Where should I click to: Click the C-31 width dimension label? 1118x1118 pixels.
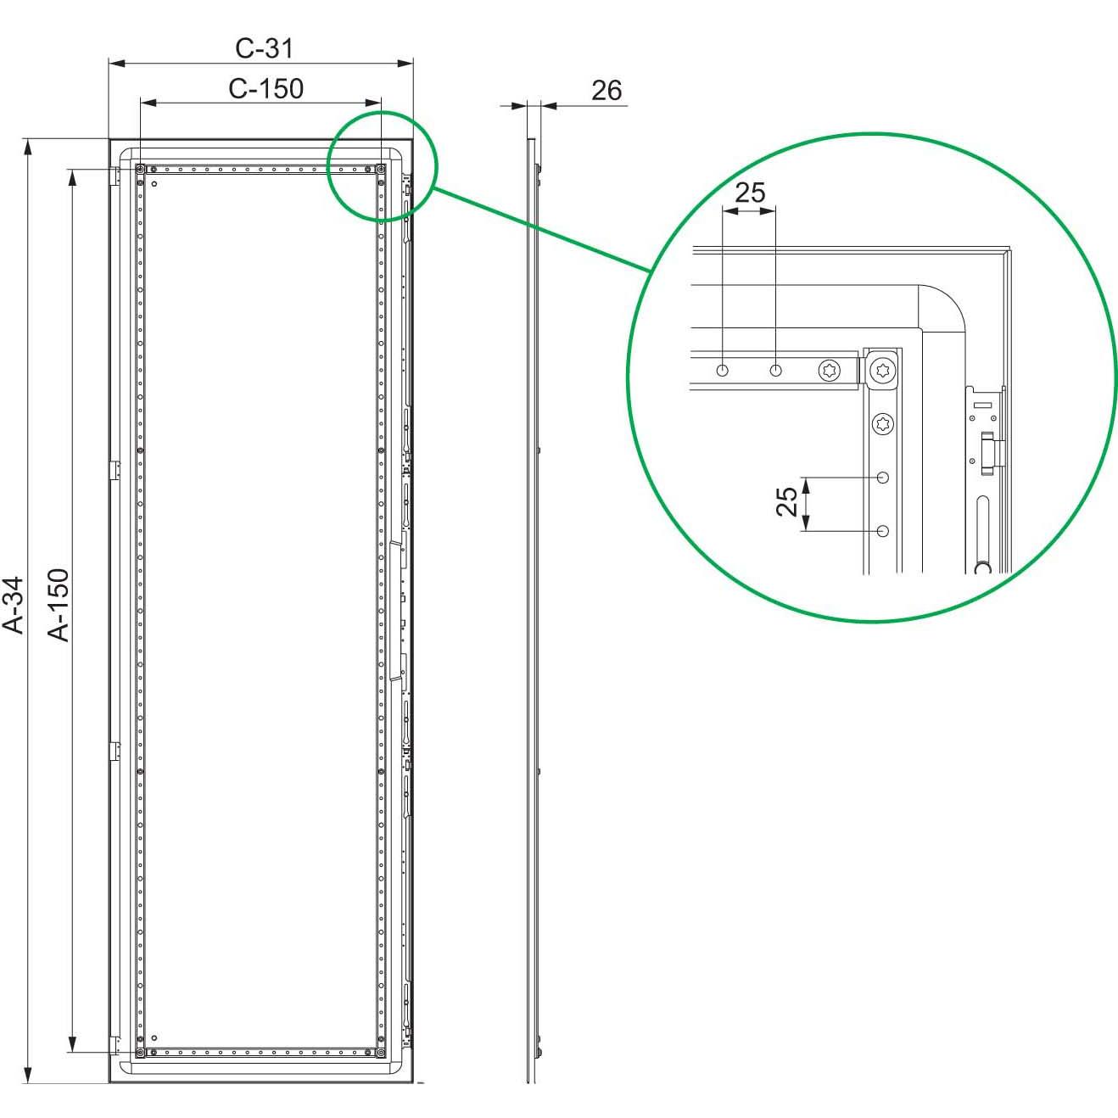(264, 48)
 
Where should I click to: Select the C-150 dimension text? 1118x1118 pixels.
(266, 88)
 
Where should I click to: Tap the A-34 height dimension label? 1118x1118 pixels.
(14, 604)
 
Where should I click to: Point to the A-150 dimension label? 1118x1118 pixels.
(58, 604)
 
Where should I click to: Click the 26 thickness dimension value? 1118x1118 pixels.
(606, 90)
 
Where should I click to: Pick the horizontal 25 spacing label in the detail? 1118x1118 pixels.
(749, 193)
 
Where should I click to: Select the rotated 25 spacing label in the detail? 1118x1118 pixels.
(787, 501)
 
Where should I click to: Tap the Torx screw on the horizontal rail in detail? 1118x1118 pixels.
(830, 371)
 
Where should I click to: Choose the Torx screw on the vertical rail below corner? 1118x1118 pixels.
(884, 423)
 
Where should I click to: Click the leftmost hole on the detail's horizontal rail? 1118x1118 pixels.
(722, 371)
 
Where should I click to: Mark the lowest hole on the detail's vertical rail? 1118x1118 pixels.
(883, 532)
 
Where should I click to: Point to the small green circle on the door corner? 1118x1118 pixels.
(382, 166)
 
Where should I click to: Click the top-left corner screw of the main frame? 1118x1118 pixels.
(140, 170)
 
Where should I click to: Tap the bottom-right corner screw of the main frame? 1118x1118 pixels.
(381, 1053)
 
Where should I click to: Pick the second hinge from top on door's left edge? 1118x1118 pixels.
(115, 470)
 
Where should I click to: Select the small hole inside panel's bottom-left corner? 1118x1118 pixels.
(154, 1038)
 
